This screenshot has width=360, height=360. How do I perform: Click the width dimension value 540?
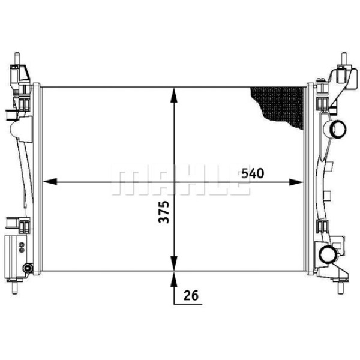click(253, 174)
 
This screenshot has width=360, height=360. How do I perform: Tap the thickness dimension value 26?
click(191, 295)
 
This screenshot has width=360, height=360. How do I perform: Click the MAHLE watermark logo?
click(180, 181)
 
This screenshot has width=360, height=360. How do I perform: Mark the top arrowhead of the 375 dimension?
click(174, 94)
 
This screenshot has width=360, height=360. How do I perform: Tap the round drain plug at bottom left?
click(27, 268)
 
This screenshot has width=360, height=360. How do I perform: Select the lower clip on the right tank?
click(323, 226)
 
